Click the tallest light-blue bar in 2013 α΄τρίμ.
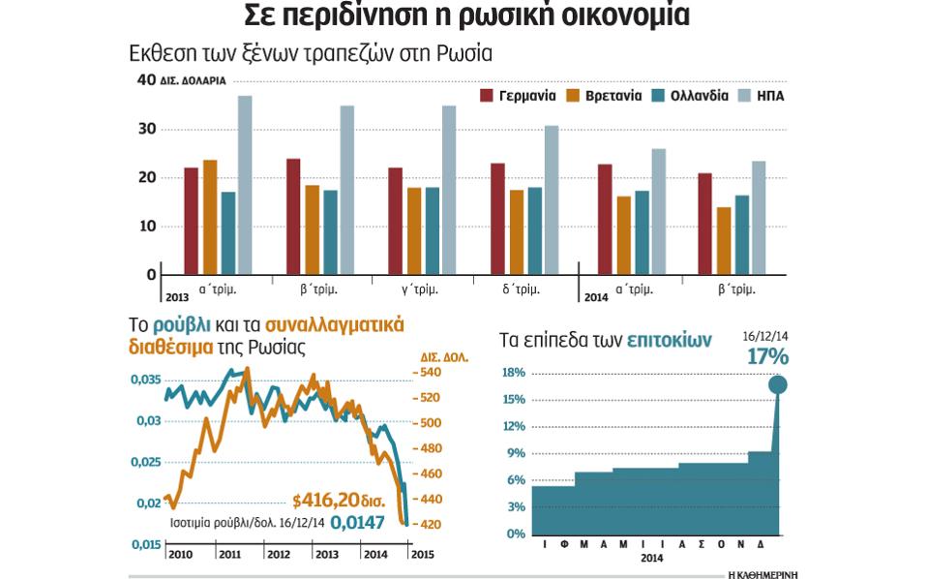click(x=245, y=184)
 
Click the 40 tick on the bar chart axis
click(x=146, y=81)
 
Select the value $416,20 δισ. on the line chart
click(x=339, y=502)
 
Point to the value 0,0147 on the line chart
click(x=357, y=522)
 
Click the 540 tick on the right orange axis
click(x=430, y=373)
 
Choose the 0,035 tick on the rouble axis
click(x=146, y=379)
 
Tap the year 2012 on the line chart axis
click(x=279, y=554)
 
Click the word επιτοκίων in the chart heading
click(x=669, y=340)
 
